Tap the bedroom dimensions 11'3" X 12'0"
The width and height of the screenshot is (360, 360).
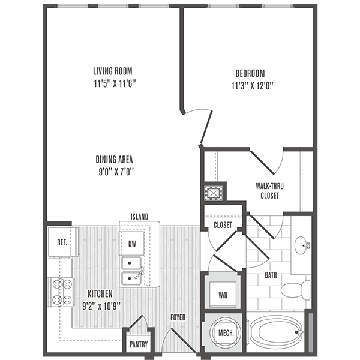point(251,85)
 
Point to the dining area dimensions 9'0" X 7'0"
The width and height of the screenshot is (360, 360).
point(113,172)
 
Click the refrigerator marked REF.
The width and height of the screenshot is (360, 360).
point(62,244)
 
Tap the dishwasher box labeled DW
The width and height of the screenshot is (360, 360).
point(131,244)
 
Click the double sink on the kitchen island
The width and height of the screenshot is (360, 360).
point(132,271)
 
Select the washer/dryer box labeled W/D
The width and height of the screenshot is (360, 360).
point(222,295)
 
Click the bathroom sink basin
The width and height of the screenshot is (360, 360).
point(301,244)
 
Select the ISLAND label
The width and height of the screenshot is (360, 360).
point(139,216)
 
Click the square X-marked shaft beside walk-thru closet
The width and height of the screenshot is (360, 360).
point(214,193)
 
